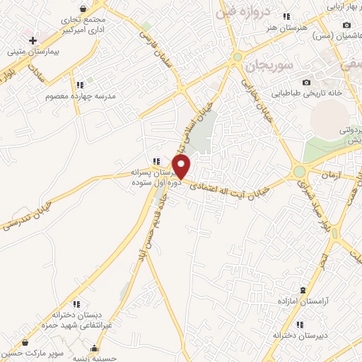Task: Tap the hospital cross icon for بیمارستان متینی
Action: (x=33, y=40)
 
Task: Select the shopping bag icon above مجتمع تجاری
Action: (x=84, y=8)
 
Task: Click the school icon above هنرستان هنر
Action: (x=286, y=16)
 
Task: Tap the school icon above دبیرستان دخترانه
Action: (x=300, y=325)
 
